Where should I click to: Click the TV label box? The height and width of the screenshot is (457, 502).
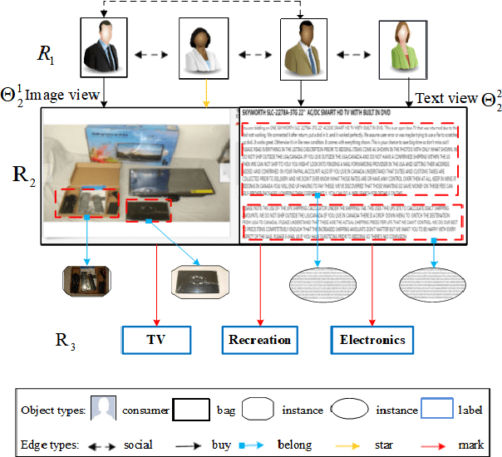[155, 340]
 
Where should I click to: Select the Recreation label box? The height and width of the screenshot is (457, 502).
[261, 340]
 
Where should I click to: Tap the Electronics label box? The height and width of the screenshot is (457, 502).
[372, 340]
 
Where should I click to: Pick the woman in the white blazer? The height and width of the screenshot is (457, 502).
[204, 47]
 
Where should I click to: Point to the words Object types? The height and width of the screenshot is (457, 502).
[54, 410]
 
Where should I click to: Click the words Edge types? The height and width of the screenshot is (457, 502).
[50, 445]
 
